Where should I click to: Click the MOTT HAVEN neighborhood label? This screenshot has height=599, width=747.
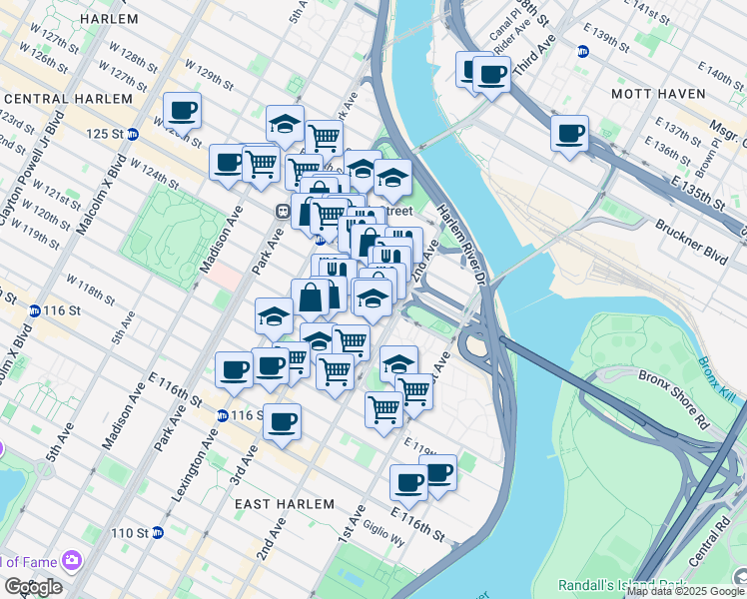(652, 93)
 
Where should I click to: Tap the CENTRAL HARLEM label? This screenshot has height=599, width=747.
(68, 99)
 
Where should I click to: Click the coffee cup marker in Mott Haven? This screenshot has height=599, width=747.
(569, 134)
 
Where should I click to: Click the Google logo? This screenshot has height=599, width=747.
(33, 586)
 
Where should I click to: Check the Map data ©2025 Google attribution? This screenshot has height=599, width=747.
(684, 591)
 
